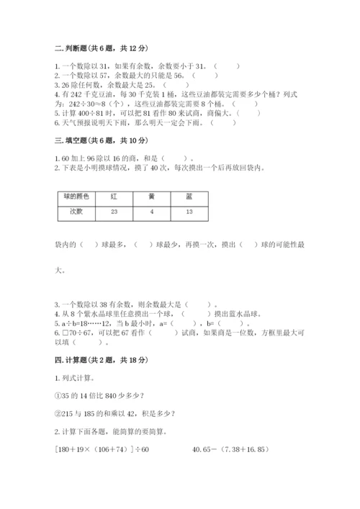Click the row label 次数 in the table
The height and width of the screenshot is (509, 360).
click(76, 212)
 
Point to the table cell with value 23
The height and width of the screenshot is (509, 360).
click(114, 212)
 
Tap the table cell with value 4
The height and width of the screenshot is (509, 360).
click(151, 212)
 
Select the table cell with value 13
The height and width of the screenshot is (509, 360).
click(188, 212)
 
